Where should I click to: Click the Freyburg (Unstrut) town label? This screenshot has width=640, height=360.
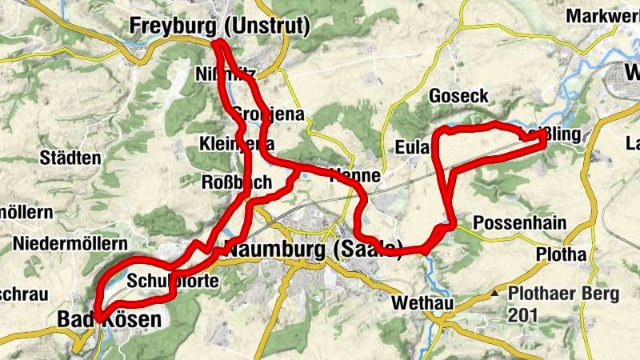click(219, 26)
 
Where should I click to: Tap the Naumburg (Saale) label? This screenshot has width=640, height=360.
click(314, 248)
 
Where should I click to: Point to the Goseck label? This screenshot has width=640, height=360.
click(458, 96)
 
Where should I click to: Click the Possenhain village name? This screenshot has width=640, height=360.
click(520, 222)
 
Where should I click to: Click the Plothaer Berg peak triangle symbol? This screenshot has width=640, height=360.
click(497, 294)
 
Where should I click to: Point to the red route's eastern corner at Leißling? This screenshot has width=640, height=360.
click(545, 138)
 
